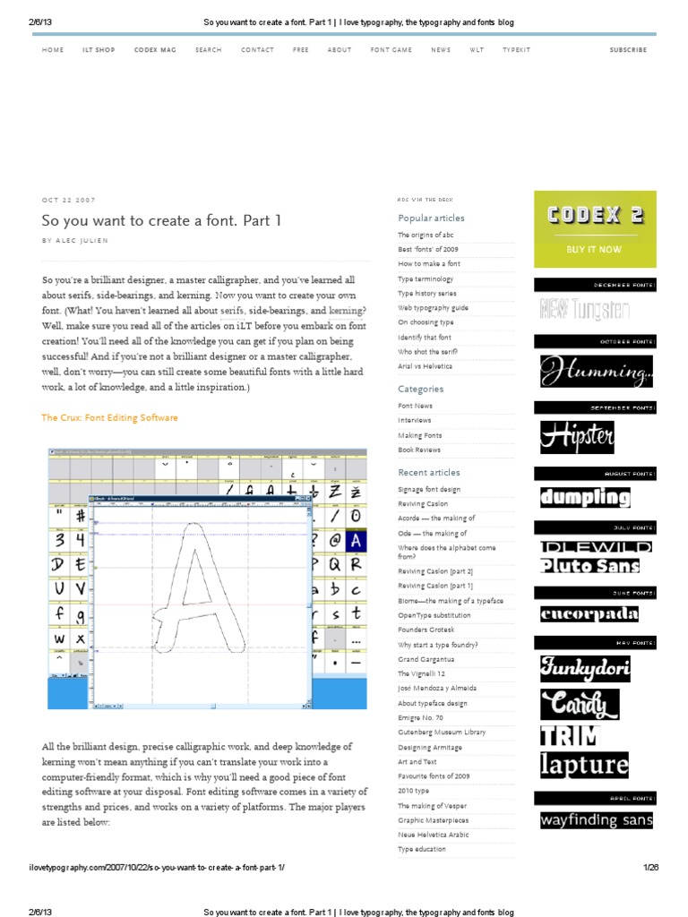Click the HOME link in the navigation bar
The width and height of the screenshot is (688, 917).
(x=53, y=50)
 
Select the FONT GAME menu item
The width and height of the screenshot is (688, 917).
(x=391, y=50)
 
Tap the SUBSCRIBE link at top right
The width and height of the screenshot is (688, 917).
(x=628, y=50)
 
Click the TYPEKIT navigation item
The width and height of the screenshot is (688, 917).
(x=517, y=50)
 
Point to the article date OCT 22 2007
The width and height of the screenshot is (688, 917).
(x=68, y=200)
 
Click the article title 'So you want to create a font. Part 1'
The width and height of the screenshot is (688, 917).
(x=161, y=220)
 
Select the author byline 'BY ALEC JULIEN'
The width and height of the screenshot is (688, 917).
(x=81, y=241)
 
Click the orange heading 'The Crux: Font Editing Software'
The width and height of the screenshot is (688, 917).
(x=109, y=417)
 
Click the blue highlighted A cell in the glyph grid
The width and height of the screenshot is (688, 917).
(x=355, y=541)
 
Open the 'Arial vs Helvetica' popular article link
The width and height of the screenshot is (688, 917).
(x=426, y=366)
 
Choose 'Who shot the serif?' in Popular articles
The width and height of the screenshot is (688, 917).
(x=428, y=352)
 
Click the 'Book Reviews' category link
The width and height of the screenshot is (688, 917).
(x=419, y=450)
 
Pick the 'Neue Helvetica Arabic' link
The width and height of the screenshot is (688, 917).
(x=434, y=834)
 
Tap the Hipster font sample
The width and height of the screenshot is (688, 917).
(x=577, y=437)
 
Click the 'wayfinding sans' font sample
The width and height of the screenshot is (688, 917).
(x=596, y=819)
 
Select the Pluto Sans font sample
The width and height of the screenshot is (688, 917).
(x=590, y=566)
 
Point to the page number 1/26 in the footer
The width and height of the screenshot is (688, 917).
(x=650, y=868)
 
